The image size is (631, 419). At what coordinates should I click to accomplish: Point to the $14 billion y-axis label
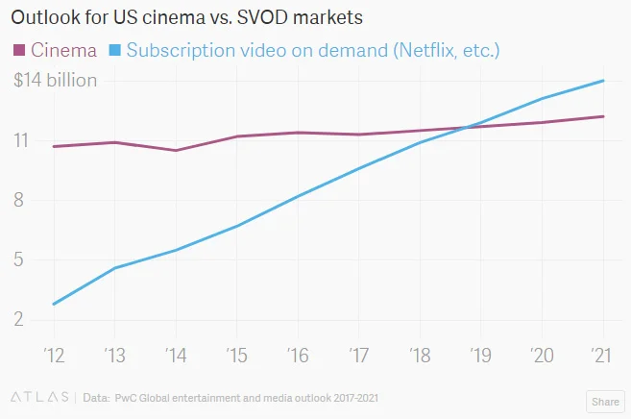point(56,81)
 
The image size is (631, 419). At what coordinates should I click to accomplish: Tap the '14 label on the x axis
point(175,356)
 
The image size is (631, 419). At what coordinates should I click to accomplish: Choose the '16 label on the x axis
point(297,356)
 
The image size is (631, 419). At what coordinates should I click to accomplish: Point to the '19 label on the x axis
point(480,356)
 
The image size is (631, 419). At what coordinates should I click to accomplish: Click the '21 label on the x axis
point(602,356)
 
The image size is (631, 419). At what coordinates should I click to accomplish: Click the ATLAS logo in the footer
point(38,396)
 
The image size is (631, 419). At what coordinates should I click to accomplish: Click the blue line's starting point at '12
point(53,305)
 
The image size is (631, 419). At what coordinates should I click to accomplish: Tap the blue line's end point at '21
point(603,81)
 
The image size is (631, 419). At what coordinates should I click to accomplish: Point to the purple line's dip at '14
point(176,150)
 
